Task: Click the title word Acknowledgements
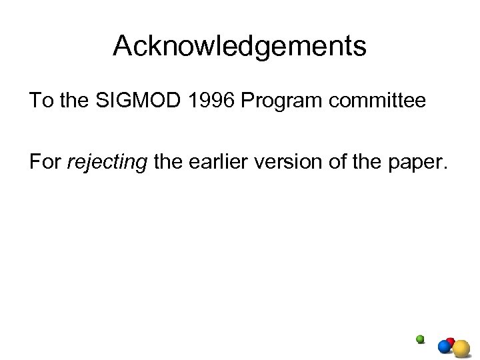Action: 239,47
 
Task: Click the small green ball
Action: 420,339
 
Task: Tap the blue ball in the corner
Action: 444,347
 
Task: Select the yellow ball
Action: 462,347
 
